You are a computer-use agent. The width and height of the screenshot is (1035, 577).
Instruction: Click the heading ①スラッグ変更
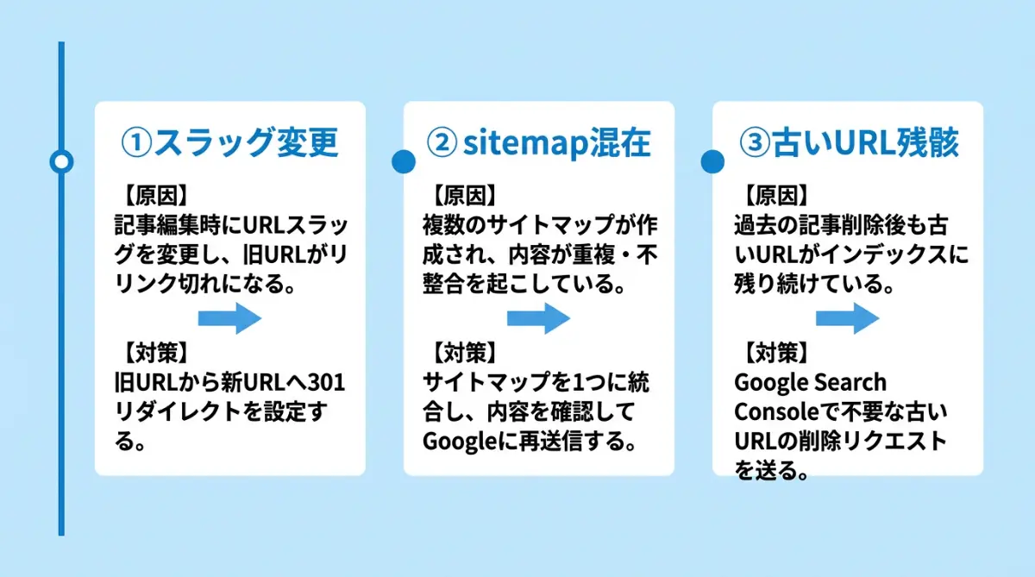pyautogui.click(x=229, y=143)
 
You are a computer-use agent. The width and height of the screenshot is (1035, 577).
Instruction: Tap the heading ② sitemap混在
pyautogui.click(x=539, y=143)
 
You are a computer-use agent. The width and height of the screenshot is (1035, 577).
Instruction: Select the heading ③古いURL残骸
pyautogui.click(x=849, y=143)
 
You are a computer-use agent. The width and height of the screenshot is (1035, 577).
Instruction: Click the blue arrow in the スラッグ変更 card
pyautogui.click(x=229, y=318)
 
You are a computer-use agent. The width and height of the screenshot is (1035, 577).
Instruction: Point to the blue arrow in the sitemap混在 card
pyautogui.click(x=538, y=318)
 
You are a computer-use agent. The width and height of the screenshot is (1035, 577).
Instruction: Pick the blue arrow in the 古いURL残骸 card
pyautogui.click(x=847, y=318)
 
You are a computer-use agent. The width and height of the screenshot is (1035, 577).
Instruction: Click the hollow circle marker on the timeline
pyautogui.click(x=61, y=161)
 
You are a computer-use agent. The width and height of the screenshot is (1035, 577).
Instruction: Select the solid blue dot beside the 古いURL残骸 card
pyautogui.click(x=712, y=161)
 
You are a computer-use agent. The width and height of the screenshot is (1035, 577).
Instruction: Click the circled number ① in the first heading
pyautogui.click(x=135, y=143)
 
